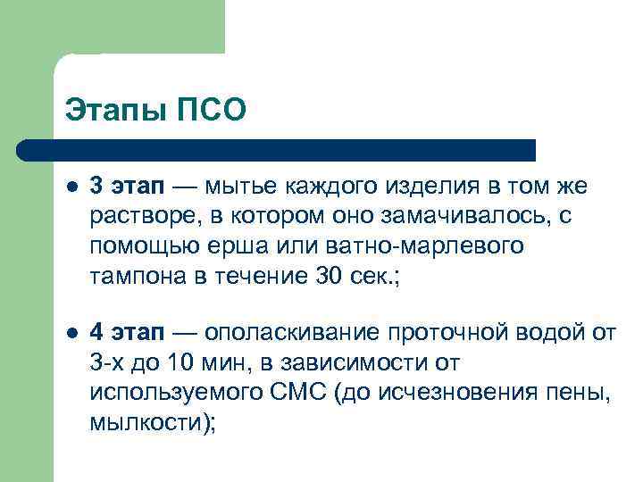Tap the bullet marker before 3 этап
coord(71,187)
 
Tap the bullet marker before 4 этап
coord(71,334)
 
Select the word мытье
coord(240,187)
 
